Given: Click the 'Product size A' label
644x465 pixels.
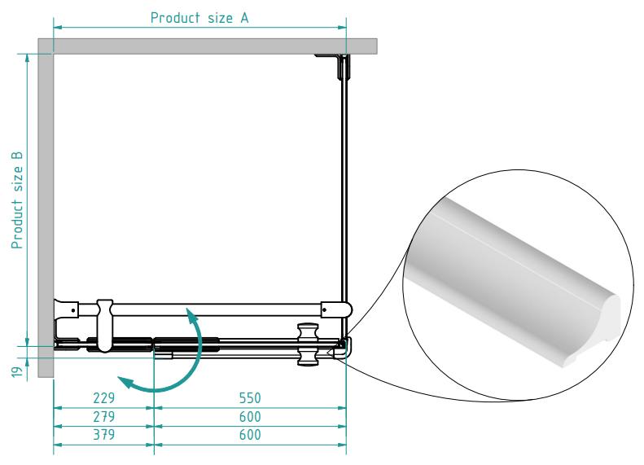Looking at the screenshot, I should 199,18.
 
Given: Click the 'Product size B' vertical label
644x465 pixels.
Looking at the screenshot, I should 17,200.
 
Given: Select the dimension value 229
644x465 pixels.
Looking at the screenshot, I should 103,398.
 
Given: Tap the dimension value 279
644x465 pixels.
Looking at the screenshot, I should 103,416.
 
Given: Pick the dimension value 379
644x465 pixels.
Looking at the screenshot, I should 103,435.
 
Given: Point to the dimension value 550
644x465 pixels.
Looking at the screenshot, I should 249,398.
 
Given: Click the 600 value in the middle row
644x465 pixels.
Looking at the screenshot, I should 249,416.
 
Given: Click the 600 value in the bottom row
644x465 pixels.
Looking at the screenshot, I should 249,435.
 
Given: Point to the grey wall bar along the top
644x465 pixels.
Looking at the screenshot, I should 216,46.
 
